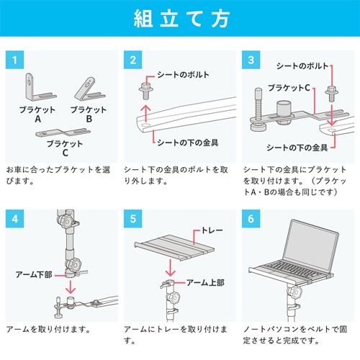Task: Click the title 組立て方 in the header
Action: (x=180, y=19)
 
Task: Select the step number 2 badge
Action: (x=133, y=60)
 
